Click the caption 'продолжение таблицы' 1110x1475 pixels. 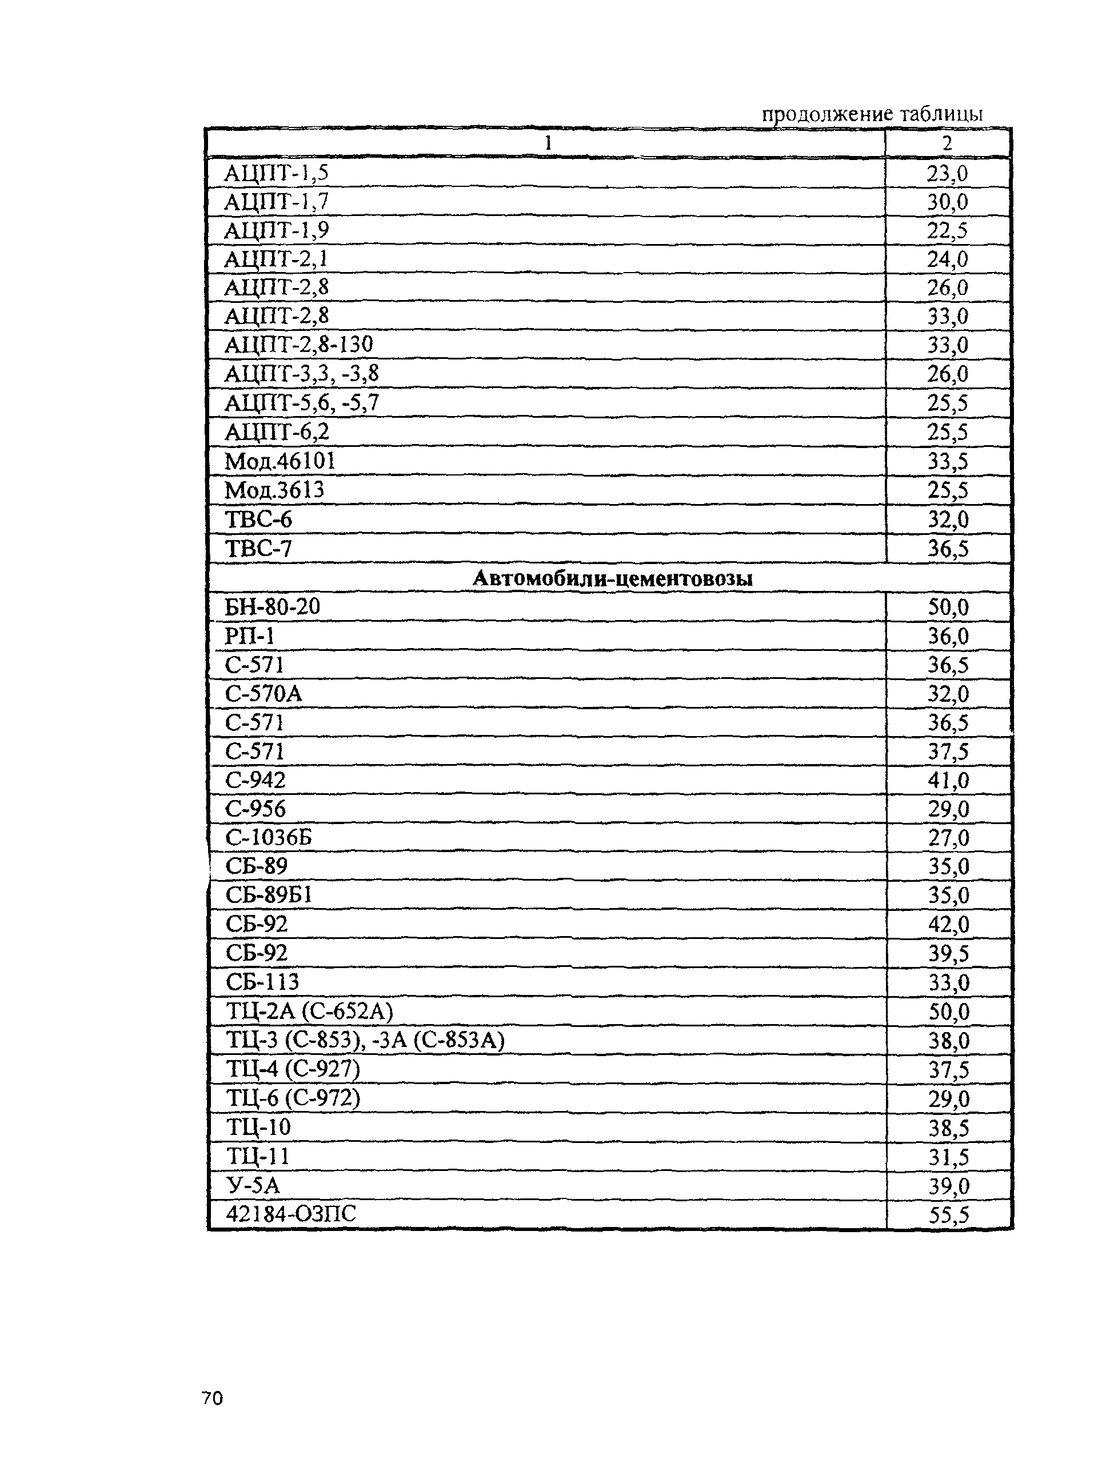tap(872, 114)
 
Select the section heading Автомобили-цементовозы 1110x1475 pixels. tap(612, 578)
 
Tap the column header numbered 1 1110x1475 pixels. tap(548, 143)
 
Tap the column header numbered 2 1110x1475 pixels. tap(947, 143)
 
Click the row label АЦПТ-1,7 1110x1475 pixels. tap(276, 201)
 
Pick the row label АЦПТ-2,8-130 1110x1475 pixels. tap(298, 345)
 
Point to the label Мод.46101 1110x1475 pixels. tap(280, 461)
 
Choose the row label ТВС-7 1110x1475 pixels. tap(258, 549)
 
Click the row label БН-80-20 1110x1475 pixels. tap(272, 607)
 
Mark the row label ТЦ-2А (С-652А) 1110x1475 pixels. tap(310, 1012)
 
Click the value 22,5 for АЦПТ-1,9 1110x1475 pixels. tap(947, 231)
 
